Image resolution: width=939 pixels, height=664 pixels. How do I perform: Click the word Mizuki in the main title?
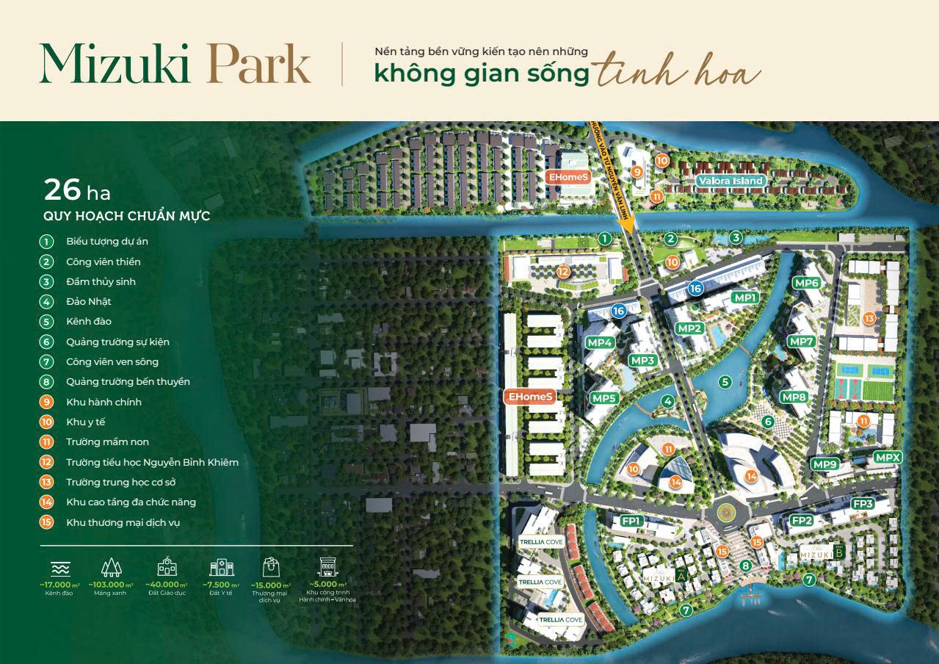point(115,65)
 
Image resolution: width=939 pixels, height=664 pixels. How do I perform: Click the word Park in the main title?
point(257,65)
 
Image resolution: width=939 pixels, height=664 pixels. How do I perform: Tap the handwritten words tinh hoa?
point(677,73)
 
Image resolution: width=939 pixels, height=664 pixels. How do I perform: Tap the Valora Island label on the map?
point(731,181)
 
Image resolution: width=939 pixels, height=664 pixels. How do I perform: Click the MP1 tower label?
point(745,297)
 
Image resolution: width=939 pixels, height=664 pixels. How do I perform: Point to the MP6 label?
point(806,284)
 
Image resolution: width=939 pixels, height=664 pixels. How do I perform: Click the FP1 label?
point(632,521)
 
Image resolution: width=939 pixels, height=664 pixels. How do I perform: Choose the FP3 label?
point(863,504)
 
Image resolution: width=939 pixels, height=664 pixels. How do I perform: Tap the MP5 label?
point(603,398)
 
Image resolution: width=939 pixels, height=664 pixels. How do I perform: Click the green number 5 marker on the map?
point(725,382)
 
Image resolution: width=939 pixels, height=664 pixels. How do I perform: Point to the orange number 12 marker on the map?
point(563,272)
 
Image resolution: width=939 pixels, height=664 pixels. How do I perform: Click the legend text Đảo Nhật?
point(89,302)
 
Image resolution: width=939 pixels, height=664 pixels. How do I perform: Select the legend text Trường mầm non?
point(107,442)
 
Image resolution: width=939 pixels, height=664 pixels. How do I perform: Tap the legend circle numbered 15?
point(47,522)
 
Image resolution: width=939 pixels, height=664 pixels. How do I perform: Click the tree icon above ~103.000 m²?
point(112,567)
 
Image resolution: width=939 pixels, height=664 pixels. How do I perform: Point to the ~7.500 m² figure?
point(221,585)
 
